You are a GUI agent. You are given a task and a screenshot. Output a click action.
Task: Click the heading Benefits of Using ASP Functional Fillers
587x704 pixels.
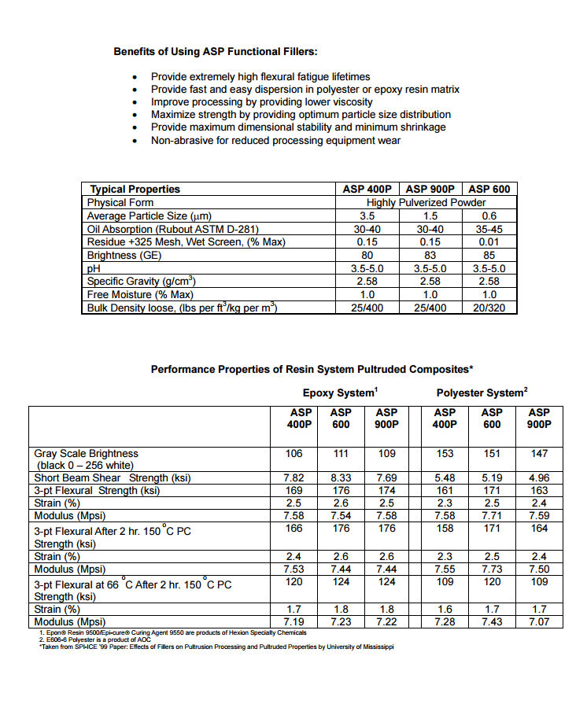[216, 52]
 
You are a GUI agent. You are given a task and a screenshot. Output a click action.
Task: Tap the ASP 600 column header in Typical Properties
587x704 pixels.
[489, 189]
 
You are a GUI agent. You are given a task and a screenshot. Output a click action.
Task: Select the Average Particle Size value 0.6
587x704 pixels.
[489, 216]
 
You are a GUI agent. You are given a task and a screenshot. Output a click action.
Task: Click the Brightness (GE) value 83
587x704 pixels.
[430, 255]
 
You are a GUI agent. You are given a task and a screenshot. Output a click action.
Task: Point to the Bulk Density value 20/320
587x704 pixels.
[489, 308]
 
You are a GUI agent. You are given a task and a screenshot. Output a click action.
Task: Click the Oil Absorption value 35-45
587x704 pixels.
[489, 229]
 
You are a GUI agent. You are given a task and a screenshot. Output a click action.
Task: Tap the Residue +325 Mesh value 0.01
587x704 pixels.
[489, 241]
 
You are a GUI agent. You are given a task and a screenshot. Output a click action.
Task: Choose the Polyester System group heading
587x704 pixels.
[482, 393]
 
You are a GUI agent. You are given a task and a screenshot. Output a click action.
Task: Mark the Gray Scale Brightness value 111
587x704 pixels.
[341, 454]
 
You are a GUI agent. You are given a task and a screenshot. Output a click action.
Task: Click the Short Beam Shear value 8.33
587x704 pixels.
[341, 477]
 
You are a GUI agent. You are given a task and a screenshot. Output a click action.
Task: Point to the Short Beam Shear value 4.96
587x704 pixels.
[539, 477]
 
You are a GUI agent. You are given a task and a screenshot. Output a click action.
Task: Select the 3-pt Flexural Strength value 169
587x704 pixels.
[293, 490]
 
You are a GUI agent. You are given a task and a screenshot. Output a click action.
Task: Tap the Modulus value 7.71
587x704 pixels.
[492, 515]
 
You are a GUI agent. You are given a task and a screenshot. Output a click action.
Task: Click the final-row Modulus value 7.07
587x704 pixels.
[539, 622]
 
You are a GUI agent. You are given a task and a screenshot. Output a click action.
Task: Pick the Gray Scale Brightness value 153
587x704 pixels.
[445, 454]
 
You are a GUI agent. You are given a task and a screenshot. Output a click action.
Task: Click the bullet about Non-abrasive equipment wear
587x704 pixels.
[275, 140]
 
